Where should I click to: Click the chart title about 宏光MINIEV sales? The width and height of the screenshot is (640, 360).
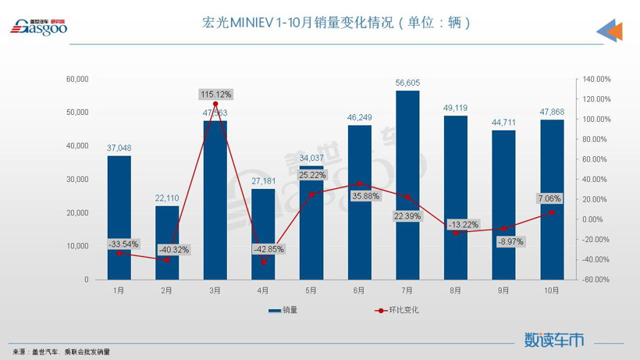336,23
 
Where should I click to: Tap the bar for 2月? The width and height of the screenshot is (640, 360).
167,242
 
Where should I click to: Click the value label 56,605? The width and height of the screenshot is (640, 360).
407,83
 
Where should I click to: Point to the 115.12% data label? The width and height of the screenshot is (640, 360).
215,94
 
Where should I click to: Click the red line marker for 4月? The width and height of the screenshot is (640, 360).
263,262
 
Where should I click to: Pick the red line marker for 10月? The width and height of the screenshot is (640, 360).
552,212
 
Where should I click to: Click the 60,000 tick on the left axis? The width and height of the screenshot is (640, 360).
77,79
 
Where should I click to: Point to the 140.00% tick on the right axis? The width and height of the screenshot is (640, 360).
596,79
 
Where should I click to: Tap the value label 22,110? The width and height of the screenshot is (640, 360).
167,198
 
